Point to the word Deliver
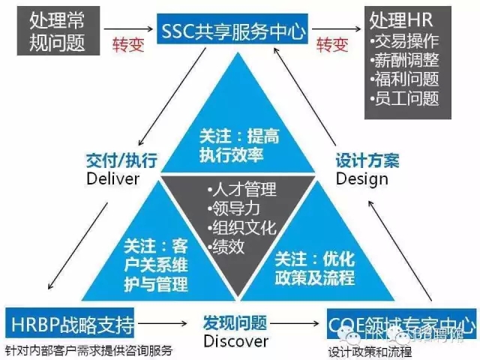coord(113,178)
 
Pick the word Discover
coord(235,341)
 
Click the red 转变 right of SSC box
coord(332,45)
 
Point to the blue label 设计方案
coord(366,160)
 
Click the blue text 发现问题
coord(235,323)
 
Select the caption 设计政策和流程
coord(370,350)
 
